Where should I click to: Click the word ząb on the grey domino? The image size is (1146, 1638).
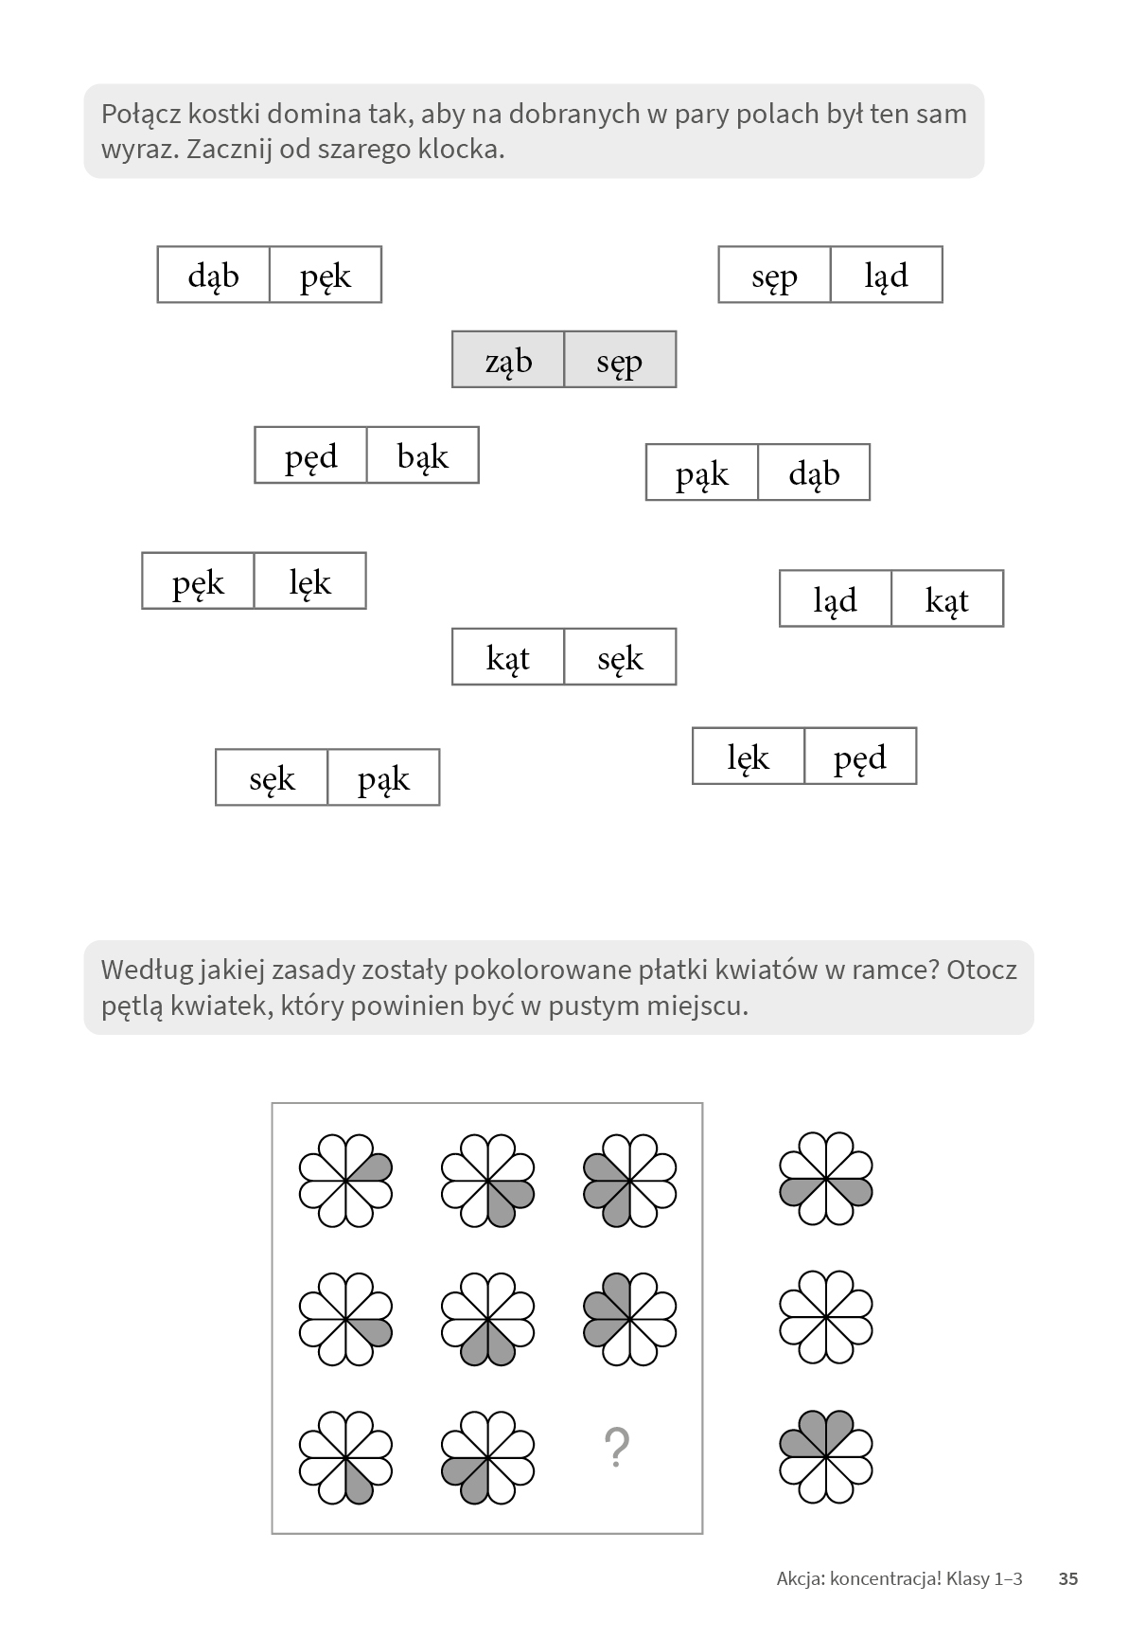pyautogui.click(x=508, y=361)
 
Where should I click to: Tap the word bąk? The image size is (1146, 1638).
pyautogui.click(x=422, y=456)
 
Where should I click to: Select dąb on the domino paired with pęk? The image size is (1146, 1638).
pyautogui.click(x=214, y=276)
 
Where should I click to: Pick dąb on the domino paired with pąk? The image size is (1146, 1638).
pyautogui.click(x=814, y=473)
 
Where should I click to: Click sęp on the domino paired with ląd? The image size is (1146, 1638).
pyautogui.click(x=774, y=276)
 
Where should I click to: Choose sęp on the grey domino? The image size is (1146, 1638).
pyautogui.click(x=620, y=361)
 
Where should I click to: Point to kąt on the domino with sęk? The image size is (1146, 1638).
pyautogui.click(x=508, y=657)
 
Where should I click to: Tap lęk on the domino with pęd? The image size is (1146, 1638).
pyautogui.click(x=749, y=757)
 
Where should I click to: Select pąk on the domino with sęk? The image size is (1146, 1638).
pyautogui.click(x=383, y=779)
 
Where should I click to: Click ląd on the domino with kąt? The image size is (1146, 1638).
pyautogui.click(x=835, y=599)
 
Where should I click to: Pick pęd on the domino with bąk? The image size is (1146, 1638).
pyautogui.click(x=310, y=456)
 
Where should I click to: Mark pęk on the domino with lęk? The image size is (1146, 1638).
pyautogui.click(x=198, y=582)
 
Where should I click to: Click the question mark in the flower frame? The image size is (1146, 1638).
pyautogui.click(x=616, y=1449)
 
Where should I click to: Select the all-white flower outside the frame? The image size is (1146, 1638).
pyautogui.click(x=825, y=1317)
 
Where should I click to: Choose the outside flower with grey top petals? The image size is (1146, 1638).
pyautogui.click(x=825, y=1455)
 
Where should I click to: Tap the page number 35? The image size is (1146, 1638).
pyautogui.click(x=1068, y=1578)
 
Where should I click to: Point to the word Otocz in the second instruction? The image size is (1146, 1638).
pyautogui.click(x=980, y=970)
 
